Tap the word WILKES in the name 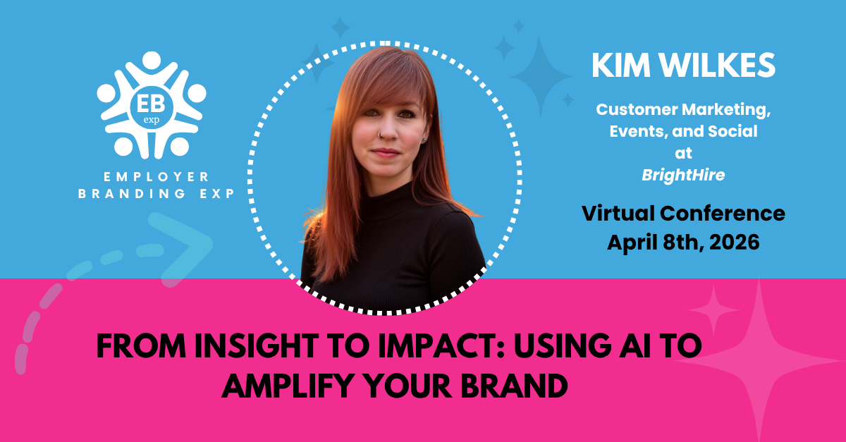click(x=718, y=66)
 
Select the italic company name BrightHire click(x=683, y=176)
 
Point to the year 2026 click(x=734, y=243)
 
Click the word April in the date click(x=632, y=243)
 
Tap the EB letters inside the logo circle click(x=151, y=104)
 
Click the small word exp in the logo click(x=151, y=120)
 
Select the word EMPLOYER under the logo click(x=156, y=176)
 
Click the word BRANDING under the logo click(x=133, y=193)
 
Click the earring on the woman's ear click(x=424, y=140)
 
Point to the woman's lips click(x=385, y=153)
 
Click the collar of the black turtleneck click(x=389, y=200)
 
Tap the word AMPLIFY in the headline click(x=285, y=386)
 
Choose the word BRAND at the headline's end click(x=515, y=386)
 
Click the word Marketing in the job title click(x=727, y=110)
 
